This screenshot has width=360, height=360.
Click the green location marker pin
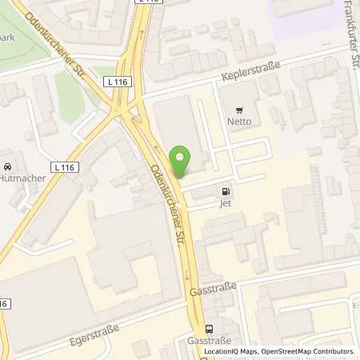pos(182,162)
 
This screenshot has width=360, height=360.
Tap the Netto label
pos(238,122)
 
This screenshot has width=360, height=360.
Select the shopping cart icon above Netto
pos(238,109)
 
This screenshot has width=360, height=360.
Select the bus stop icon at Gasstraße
pos(210,328)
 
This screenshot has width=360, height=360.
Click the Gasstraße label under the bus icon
pos(210,340)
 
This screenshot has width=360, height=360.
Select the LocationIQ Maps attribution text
pos(230,351)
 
